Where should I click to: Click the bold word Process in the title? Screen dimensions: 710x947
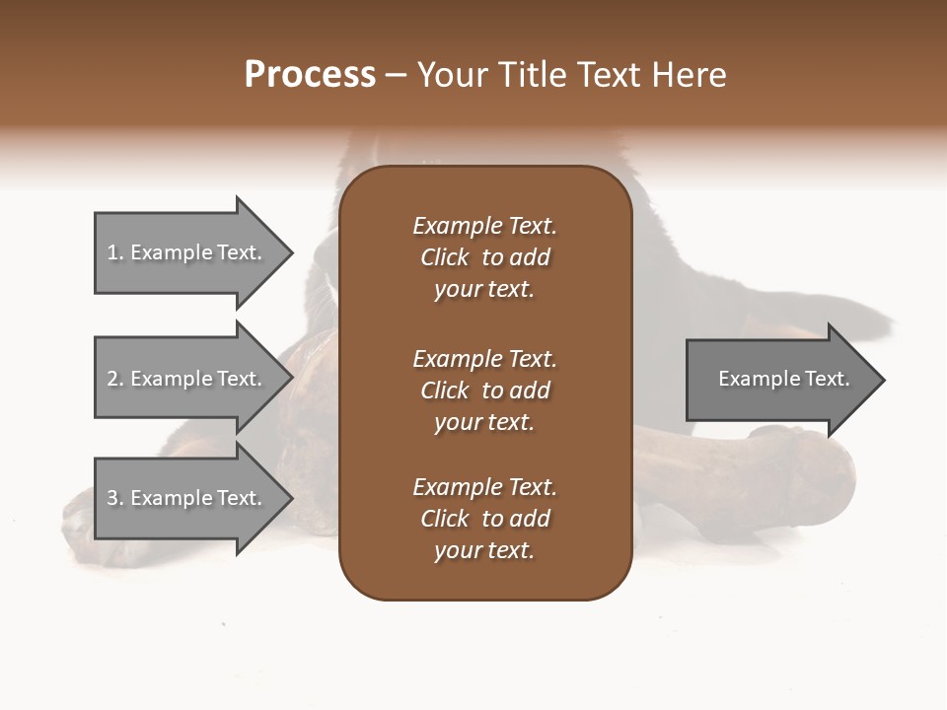[x=310, y=75]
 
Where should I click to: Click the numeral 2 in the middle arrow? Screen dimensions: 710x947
[x=112, y=379]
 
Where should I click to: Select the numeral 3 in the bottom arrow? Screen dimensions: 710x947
[x=112, y=498]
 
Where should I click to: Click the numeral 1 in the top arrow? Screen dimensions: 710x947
[x=112, y=252]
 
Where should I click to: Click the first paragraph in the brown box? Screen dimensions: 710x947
[x=484, y=257]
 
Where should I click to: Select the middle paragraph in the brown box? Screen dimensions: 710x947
[x=484, y=390]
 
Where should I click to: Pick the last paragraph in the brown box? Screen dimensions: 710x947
[x=484, y=519]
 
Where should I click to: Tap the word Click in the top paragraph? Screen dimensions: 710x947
[x=445, y=257]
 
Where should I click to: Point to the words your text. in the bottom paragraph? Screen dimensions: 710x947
[x=484, y=550]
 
